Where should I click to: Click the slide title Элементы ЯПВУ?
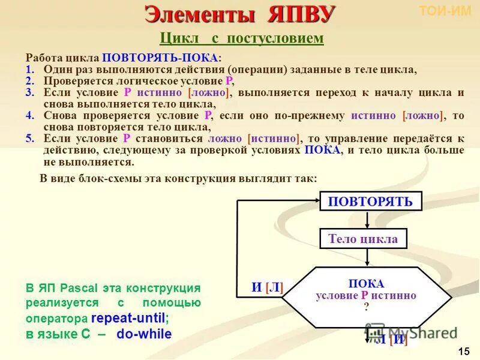click(240, 14)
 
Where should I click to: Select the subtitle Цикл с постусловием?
click(242, 38)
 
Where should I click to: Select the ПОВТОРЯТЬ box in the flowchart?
click(370, 201)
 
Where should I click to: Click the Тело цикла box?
click(363, 239)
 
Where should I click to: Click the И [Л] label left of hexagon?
click(267, 287)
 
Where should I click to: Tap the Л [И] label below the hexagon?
click(391, 340)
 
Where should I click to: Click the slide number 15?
click(463, 351)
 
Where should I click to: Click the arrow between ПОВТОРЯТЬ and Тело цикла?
click(367, 220)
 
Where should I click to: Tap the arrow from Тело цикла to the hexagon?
click(367, 258)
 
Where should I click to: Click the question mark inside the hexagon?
click(366, 305)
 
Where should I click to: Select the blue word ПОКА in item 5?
click(322, 150)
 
